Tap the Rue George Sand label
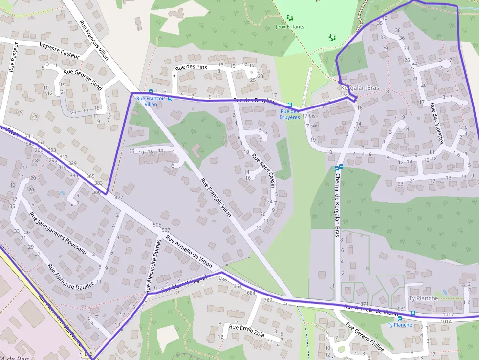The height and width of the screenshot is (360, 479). pos(83,80)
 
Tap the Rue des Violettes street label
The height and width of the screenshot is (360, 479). pos(436,123)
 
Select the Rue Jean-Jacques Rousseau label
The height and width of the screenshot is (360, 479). pos(57,233)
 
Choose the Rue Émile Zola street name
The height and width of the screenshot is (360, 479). pos(247,331)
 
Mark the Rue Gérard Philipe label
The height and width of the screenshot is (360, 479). pos(365,337)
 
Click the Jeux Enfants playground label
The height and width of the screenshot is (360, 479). pos(290,27)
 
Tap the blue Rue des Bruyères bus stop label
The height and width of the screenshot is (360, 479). pos(289,114)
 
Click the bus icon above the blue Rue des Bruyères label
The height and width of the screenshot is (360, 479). pos(290,105)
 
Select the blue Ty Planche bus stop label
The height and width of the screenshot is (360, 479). pos(399,325)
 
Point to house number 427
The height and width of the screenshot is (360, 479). pos(119,198)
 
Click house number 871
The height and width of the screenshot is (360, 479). pos(364,304)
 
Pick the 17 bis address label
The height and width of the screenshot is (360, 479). pos(309,116)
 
